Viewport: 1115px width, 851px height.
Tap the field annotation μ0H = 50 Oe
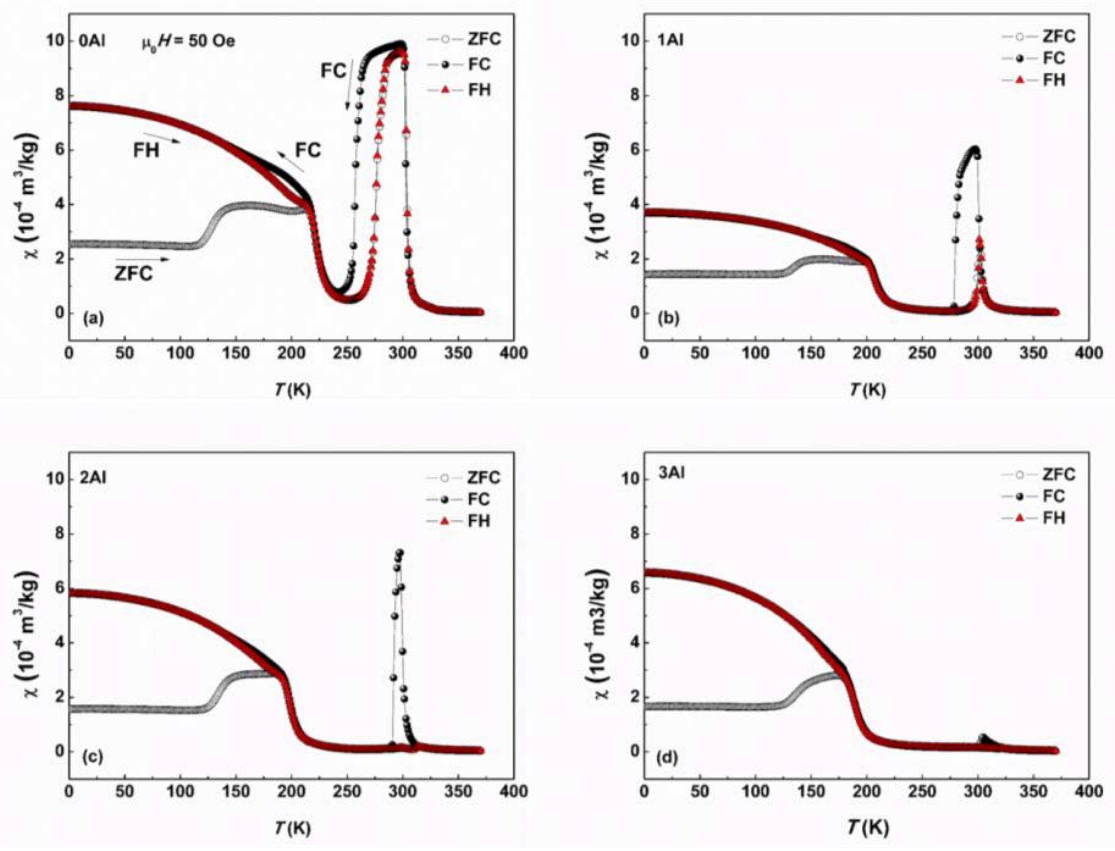click(188, 41)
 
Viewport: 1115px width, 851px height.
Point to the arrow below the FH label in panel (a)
click(162, 138)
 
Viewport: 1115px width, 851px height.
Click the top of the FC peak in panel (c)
click(400, 552)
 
